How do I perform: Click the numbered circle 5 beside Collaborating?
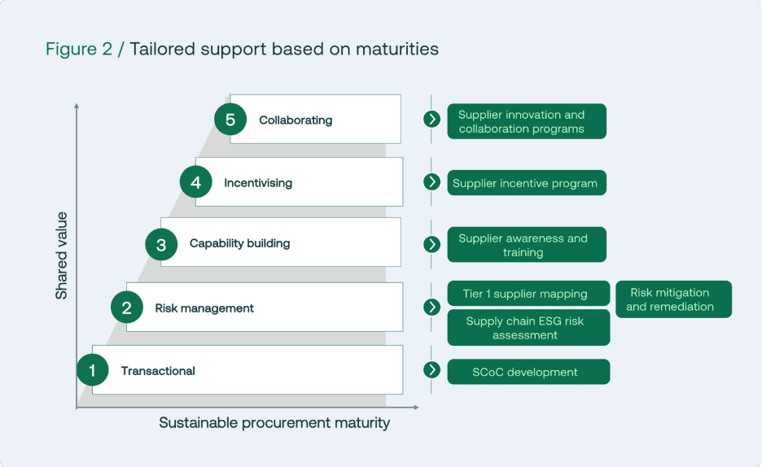[230, 120]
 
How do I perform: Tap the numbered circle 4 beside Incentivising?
[195, 182]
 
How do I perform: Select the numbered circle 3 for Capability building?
[161, 244]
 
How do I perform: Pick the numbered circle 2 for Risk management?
[126, 308]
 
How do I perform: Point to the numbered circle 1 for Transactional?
[92, 371]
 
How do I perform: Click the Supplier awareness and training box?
[526, 245]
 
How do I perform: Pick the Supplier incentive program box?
[526, 183]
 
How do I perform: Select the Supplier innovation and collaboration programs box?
[526, 121]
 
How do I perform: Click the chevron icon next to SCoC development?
[432, 370]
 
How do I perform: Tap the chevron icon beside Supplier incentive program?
[432, 181]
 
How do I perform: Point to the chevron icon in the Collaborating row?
[432, 120]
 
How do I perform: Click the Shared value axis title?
[62, 255]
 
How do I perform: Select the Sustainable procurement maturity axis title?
[274, 423]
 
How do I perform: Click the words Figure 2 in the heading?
[79, 49]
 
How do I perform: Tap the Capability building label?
[239, 243]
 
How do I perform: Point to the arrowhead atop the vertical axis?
[77, 106]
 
